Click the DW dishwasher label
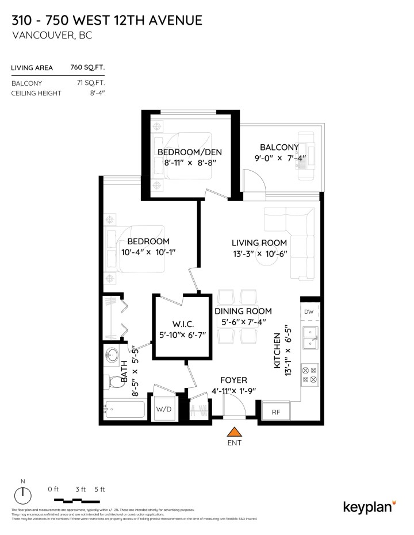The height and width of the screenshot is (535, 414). click(x=309, y=311)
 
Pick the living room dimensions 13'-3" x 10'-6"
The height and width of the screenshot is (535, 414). click(x=259, y=254)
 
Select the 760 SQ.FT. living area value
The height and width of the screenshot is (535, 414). click(x=87, y=68)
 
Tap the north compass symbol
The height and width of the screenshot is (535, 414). click(x=23, y=493)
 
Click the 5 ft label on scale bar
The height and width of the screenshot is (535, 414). click(x=99, y=489)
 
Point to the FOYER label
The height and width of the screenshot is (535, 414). click(x=233, y=380)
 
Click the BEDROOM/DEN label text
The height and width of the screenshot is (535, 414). click(x=189, y=152)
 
